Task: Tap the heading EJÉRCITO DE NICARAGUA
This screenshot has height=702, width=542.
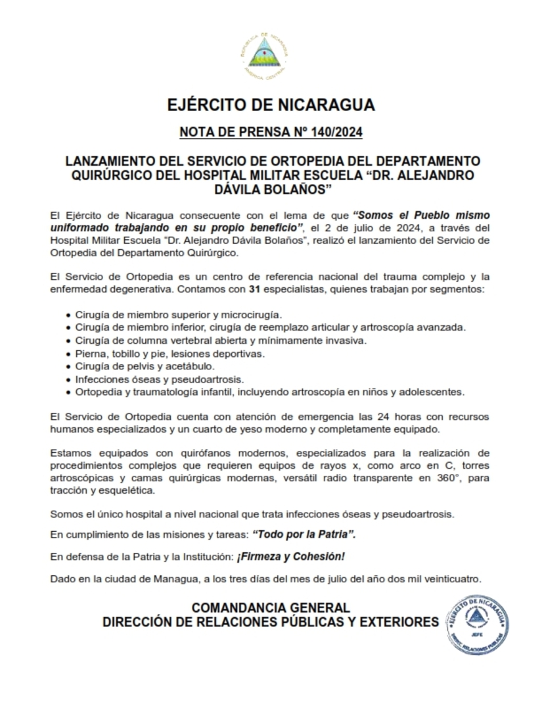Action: pos(271,105)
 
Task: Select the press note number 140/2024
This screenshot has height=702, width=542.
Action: pos(334,133)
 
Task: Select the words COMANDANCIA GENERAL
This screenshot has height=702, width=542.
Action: pos(271,608)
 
